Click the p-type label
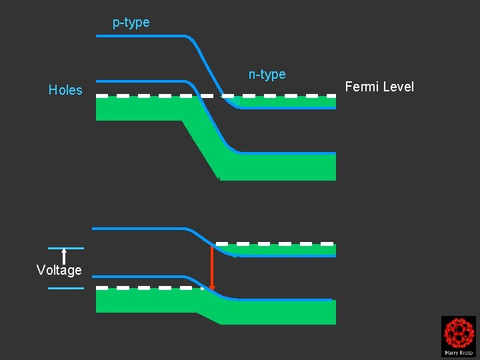pyautogui.click(x=131, y=23)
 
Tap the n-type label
pyautogui.click(x=267, y=75)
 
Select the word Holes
pyautogui.click(x=65, y=90)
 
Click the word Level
pyautogui.click(x=399, y=87)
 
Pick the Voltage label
pyautogui.click(x=59, y=270)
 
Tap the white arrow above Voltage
pyautogui.click(x=64, y=256)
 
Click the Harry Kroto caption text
pyautogui.click(x=458, y=351)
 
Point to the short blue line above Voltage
pyautogui.click(x=66, y=248)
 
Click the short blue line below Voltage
pyautogui.click(x=66, y=288)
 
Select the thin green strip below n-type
pyautogui.click(x=287, y=102)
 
